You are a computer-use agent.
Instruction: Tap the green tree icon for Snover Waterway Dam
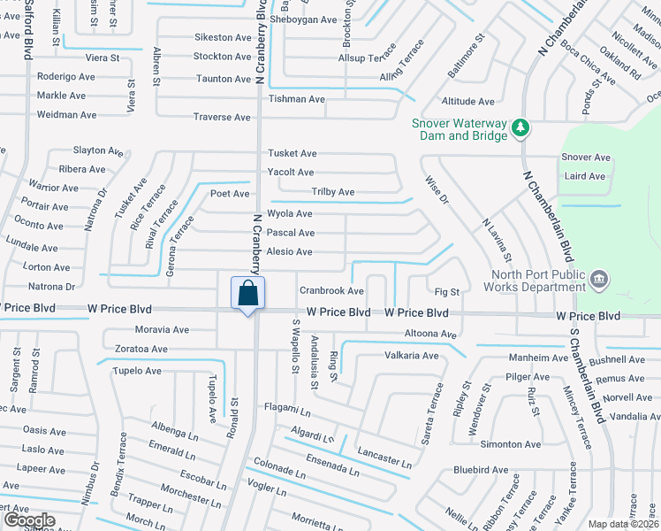point(521,129)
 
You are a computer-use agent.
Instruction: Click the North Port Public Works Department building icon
point(599,281)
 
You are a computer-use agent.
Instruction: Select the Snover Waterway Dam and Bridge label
point(459,129)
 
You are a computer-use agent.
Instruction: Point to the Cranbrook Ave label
point(331,290)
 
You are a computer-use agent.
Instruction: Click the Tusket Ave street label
point(293,154)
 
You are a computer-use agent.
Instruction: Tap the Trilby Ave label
point(332,192)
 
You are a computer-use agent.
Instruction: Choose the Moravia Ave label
point(163,329)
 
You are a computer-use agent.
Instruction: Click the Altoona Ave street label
point(429,335)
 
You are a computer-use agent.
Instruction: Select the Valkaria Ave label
point(411,356)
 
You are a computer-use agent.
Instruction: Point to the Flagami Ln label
point(287,410)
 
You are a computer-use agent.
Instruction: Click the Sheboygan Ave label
point(304,19)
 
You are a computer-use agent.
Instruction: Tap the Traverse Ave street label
point(222,117)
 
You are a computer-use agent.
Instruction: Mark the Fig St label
point(448,291)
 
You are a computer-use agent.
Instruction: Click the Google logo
point(28,520)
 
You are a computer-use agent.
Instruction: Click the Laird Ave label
point(584,176)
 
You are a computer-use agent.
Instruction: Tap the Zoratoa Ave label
point(141,349)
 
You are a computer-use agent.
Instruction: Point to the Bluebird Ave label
point(481,470)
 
